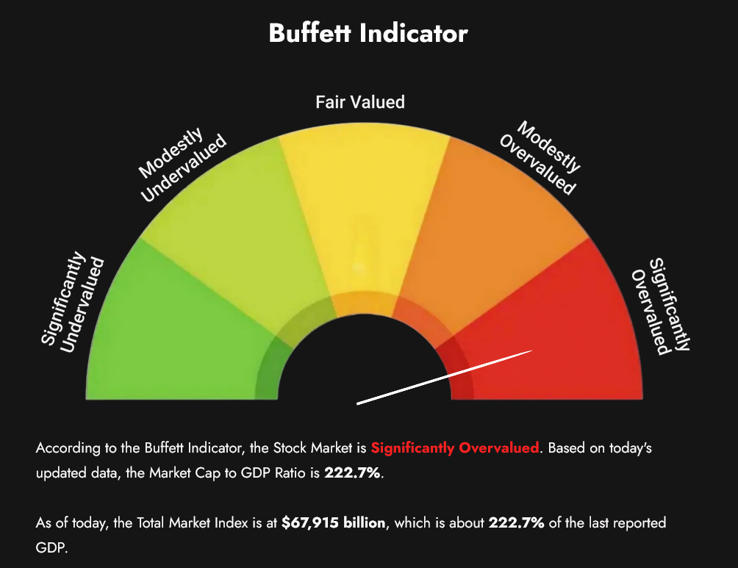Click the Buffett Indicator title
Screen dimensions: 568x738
(368, 33)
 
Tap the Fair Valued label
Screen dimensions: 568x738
(360, 101)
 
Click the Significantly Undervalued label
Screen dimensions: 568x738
(72, 301)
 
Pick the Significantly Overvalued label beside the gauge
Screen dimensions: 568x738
(661, 306)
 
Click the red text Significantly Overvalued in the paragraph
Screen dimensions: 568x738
(455, 447)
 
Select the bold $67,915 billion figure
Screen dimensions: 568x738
(333, 523)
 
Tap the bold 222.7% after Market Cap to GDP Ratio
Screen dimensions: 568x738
(353, 474)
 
